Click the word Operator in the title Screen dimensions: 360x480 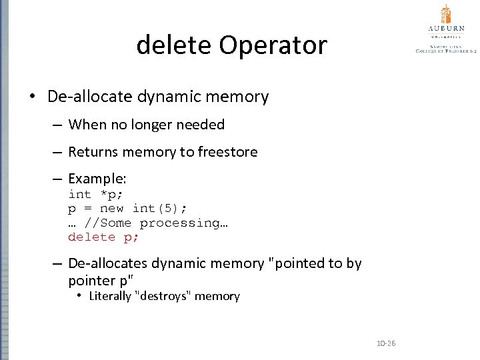tap(273, 45)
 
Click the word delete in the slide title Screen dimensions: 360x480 tap(173, 45)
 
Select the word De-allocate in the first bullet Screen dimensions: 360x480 tap(90, 97)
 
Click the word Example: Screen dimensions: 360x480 tap(97, 179)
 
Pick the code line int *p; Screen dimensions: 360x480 tap(95, 195)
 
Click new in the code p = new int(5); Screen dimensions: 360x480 tap(111, 209)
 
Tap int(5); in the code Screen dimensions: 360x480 tap(159, 209)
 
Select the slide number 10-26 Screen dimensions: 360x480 tap(386, 343)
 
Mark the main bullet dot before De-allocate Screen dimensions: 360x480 tap(32, 97)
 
